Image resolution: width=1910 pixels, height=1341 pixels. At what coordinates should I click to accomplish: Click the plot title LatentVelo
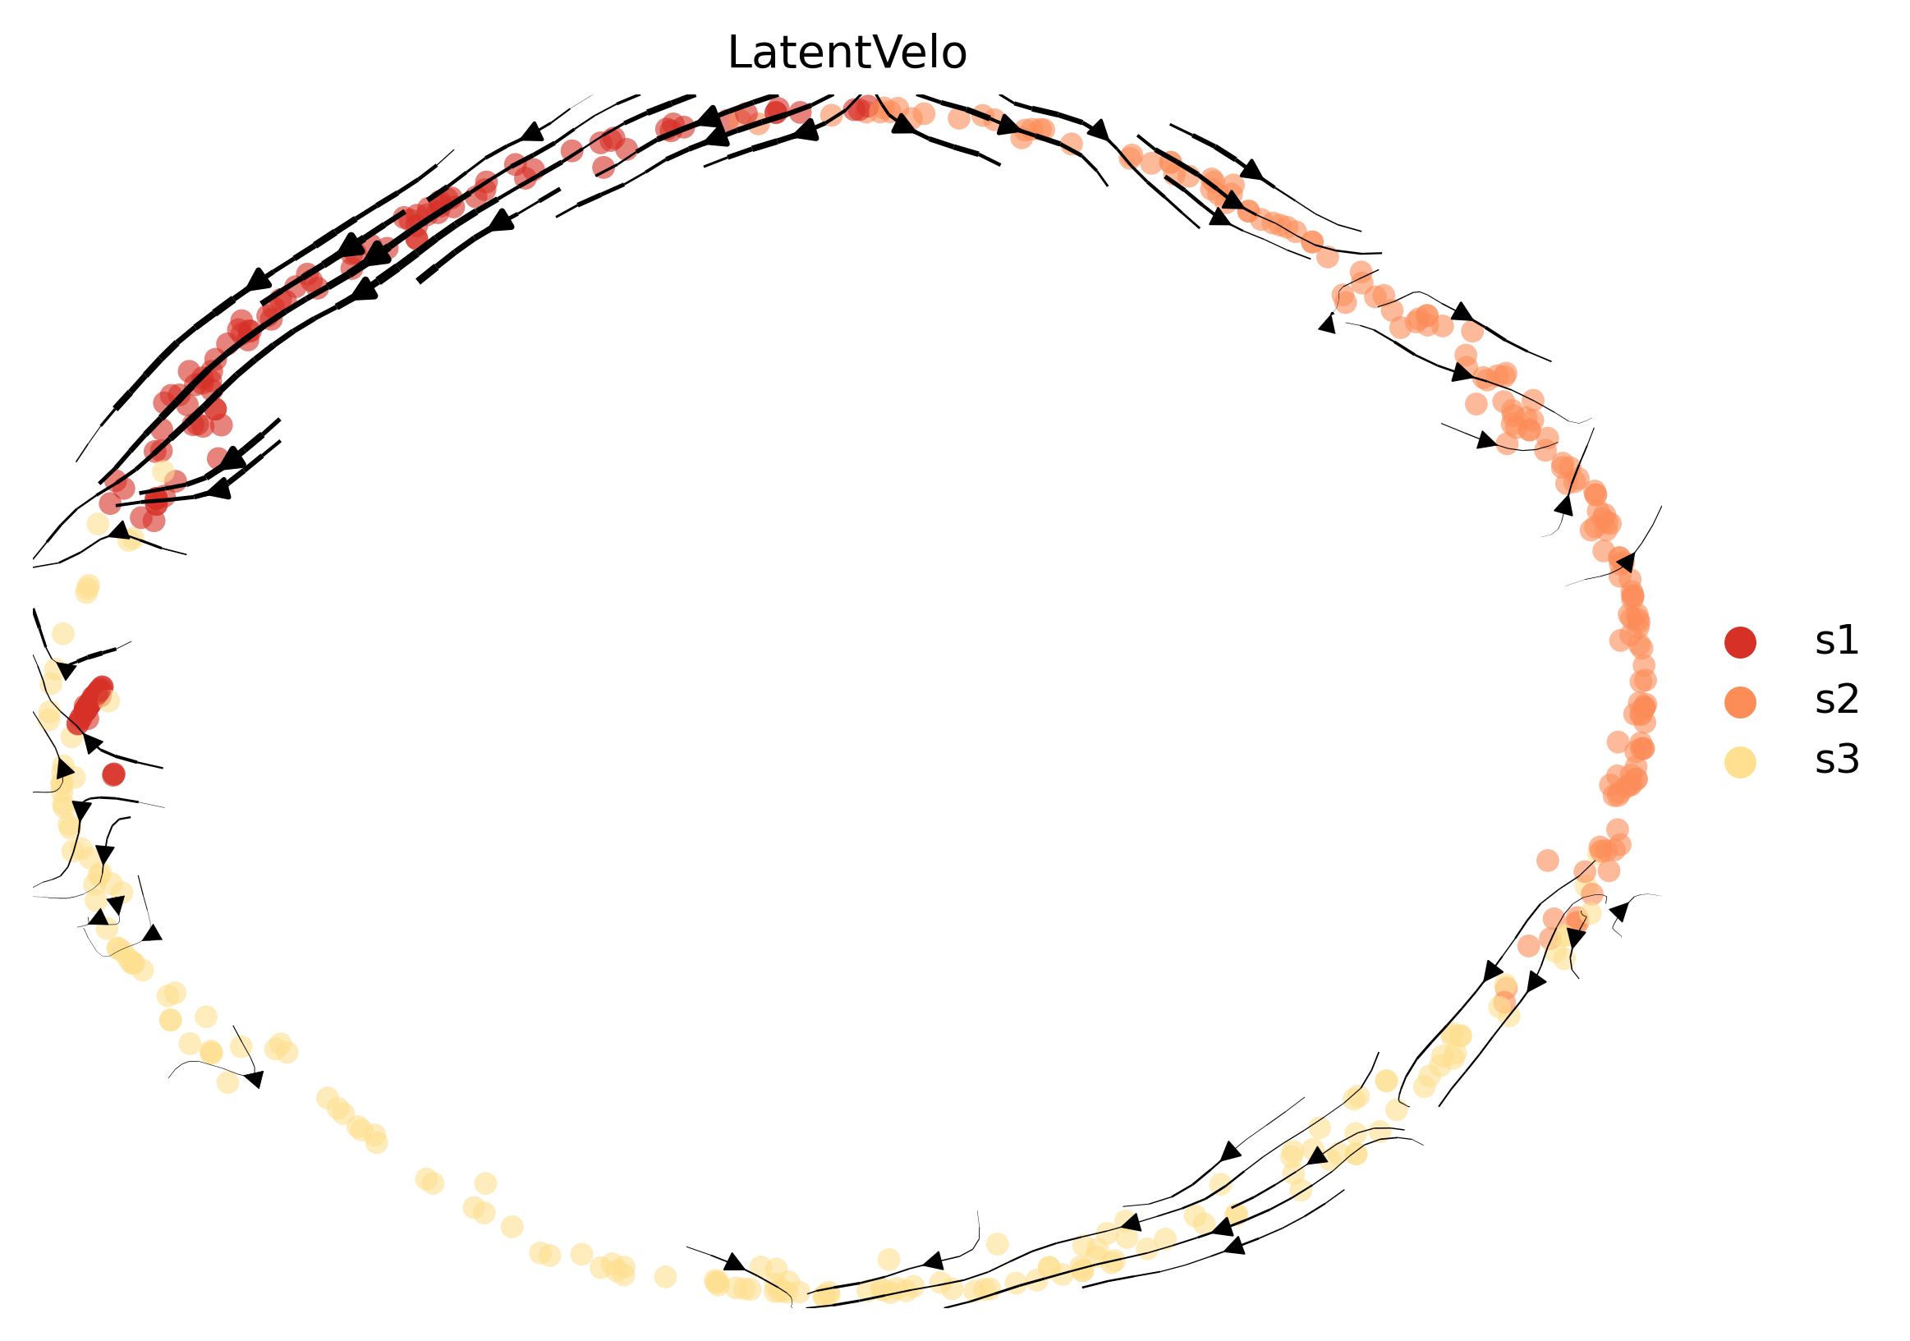pyautogui.click(x=847, y=53)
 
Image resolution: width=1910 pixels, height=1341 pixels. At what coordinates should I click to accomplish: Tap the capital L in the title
pyautogui.click(x=739, y=53)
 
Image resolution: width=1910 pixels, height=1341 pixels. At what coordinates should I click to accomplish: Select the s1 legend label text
pyautogui.click(x=1836, y=641)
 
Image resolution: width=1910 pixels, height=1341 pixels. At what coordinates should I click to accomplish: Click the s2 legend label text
pyautogui.click(x=1836, y=700)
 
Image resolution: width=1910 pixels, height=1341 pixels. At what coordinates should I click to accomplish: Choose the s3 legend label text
pyautogui.click(x=1836, y=760)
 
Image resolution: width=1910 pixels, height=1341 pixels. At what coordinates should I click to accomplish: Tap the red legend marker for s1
pyautogui.click(x=1740, y=642)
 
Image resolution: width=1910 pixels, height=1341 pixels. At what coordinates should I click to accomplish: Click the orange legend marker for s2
pyautogui.click(x=1740, y=702)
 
